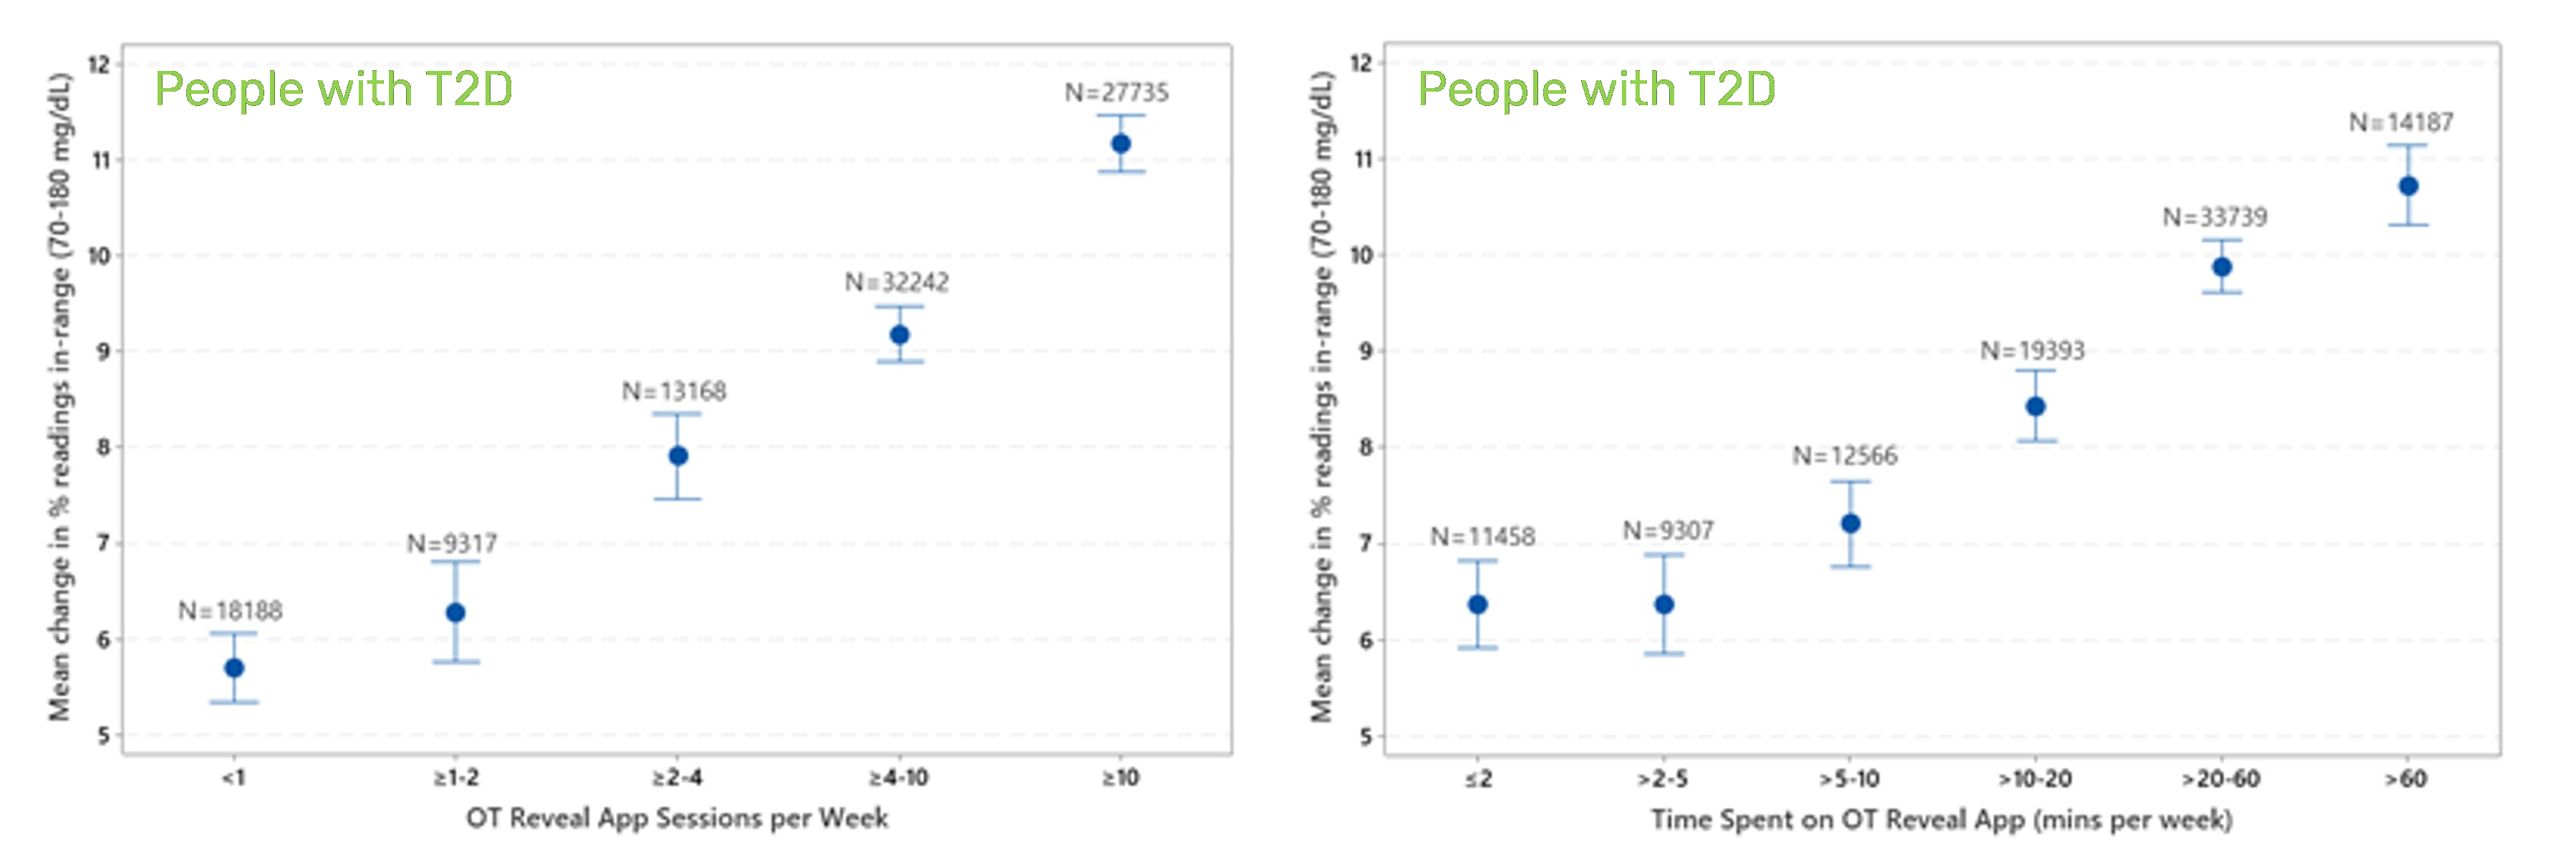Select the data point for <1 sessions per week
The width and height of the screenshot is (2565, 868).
(234, 668)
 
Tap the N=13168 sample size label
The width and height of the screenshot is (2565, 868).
(674, 391)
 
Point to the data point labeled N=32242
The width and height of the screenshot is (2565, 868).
(899, 334)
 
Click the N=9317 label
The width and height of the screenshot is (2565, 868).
(452, 544)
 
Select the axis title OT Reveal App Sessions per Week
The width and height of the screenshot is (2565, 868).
(677, 819)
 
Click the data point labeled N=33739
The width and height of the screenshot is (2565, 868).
(2221, 266)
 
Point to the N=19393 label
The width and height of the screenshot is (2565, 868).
(2032, 350)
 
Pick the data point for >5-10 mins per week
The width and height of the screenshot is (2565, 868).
(1850, 524)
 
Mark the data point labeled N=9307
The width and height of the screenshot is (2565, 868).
(1664, 604)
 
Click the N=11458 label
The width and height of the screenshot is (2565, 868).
(1482, 536)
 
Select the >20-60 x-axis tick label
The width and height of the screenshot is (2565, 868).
(2221, 778)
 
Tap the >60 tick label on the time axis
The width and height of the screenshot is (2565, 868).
(2406, 778)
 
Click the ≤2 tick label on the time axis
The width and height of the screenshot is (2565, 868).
(1479, 778)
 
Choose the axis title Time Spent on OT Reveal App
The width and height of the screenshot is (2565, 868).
(1942, 819)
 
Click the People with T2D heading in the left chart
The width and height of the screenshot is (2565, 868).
(334, 89)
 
